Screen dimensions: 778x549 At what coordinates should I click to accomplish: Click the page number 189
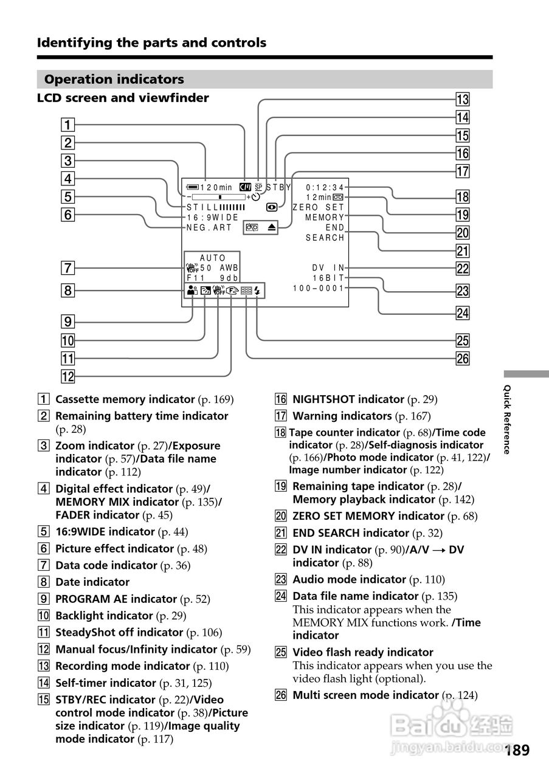click(x=517, y=750)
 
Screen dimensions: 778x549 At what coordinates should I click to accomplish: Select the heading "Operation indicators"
click(x=114, y=80)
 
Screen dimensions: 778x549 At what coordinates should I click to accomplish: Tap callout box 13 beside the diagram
click(x=463, y=100)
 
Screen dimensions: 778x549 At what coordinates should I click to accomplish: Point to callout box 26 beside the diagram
click(x=463, y=359)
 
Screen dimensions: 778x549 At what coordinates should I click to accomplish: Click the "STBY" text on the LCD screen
click(x=279, y=187)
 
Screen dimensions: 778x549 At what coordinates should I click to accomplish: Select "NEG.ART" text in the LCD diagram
click(x=210, y=228)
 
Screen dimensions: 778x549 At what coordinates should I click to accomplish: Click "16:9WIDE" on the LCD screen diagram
click(x=213, y=218)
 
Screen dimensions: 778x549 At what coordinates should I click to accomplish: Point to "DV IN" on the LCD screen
click(x=329, y=267)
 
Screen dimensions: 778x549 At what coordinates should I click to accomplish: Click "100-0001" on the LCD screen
click(x=319, y=288)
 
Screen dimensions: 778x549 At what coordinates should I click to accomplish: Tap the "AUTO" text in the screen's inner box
click(x=213, y=258)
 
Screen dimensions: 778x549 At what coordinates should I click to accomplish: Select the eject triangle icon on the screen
click(x=271, y=227)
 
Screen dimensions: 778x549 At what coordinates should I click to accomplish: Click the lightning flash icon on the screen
click(x=258, y=291)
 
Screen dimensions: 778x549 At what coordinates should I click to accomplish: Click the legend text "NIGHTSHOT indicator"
click(x=348, y=399)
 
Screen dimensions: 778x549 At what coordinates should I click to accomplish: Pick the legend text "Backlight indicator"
click(x=104, y=616)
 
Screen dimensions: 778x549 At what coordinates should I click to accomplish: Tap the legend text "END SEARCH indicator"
click(x=351, y=533)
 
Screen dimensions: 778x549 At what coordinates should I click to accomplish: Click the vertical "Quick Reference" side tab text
click(x=506, y=419)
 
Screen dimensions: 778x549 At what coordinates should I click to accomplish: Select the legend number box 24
click(x=280, y=596)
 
